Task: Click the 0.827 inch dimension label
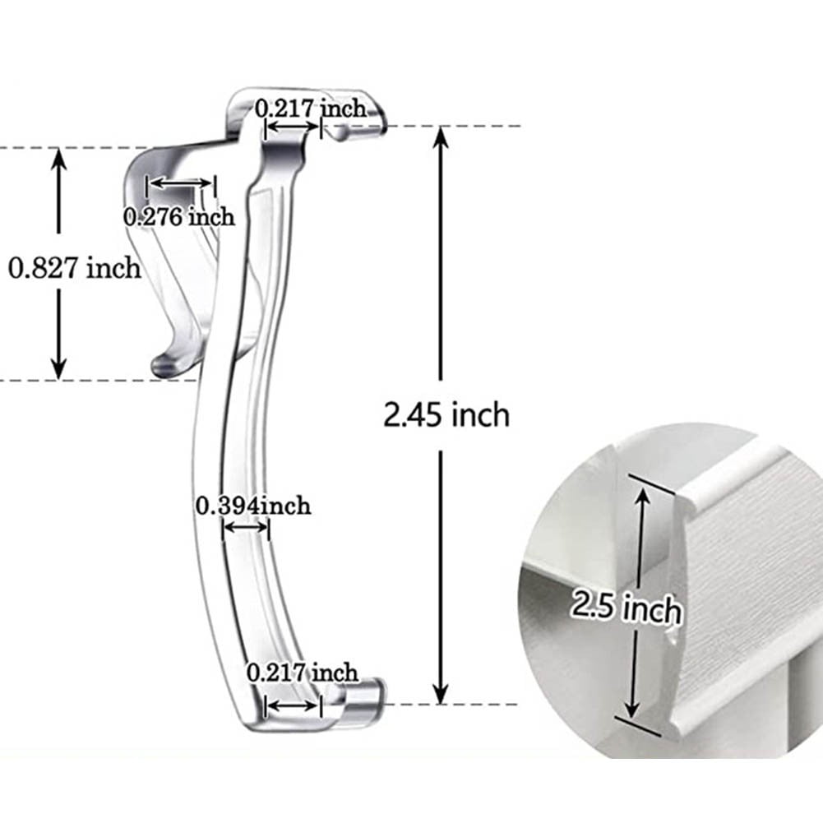tap(75, 268)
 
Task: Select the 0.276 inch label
tap(179, 216)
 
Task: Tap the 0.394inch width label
tap(253, 505)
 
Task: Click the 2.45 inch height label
tap(446, 414)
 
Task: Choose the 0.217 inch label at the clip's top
tap(310, 108)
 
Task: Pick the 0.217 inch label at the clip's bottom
tap(303, 673)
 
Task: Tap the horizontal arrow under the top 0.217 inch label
tap(292, 127)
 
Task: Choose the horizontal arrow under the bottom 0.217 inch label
tap(292, 705)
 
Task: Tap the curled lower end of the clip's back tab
tap(164, 363)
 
